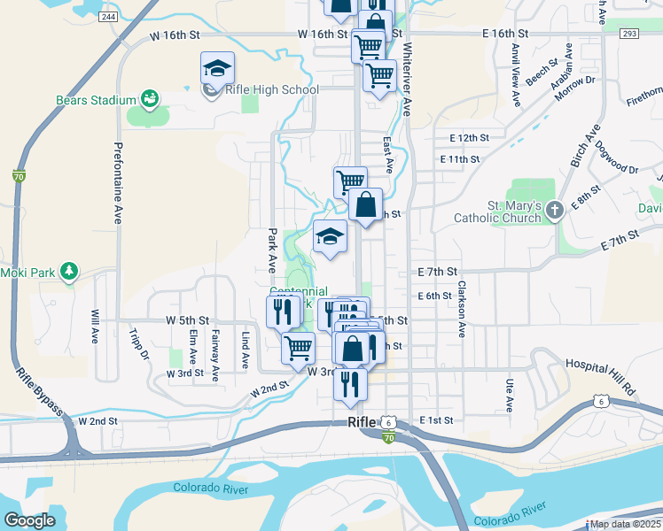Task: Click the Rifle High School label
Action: (x=273, y=89)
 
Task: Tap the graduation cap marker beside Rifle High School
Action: (x=217, y=67)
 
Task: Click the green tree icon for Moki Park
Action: (x=68, y=271)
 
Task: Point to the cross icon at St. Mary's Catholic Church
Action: (x=554, y=210)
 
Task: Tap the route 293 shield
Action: (x=629, y=34)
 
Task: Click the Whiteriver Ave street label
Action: (x=407, y=81)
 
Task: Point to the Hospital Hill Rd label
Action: (x=601, y=365)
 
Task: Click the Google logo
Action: (x=29, y=519)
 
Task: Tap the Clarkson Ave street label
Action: (x=462, y=310)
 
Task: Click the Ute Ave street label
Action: (x=510, y=396)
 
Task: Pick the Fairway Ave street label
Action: (x=214, y=354)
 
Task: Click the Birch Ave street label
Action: (x=584, y=144)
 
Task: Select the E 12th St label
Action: (x=470, y=138)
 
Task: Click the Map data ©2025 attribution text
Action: (x=625, y=524)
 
